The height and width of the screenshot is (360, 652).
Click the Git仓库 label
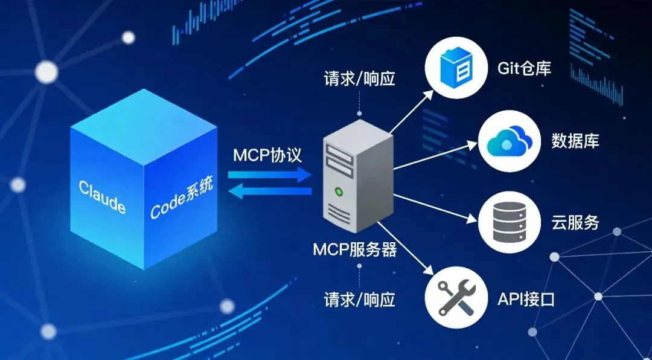point(524,68)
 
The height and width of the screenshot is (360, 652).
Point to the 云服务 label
point(575,222)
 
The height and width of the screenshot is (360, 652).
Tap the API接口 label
point(526,298)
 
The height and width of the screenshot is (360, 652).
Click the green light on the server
point(339,193)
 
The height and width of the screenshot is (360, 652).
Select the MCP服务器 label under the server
point(354,249)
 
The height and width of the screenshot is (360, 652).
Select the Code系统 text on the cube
point(181,200)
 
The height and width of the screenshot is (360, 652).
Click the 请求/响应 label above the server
point(359,78)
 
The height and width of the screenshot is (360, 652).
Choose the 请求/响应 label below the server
point(359,299)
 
